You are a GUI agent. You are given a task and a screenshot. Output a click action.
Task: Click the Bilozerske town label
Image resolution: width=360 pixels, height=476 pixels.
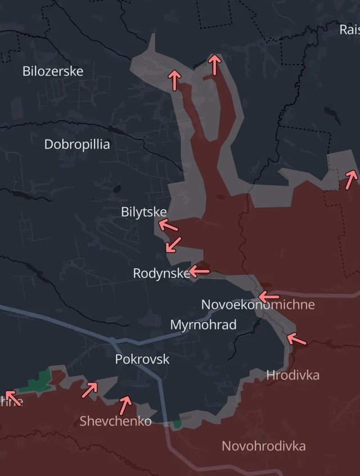53,71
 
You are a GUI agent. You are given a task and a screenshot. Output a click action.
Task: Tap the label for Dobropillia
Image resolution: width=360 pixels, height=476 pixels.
77,144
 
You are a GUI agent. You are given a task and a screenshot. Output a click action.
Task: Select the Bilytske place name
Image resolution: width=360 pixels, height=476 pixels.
143,212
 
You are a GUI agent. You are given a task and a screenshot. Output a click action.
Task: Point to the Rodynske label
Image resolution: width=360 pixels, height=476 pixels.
161,273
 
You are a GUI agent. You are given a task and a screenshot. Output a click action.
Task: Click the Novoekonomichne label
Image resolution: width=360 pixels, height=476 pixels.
258,305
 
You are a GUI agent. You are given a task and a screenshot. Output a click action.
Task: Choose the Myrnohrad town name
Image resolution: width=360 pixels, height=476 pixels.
203,325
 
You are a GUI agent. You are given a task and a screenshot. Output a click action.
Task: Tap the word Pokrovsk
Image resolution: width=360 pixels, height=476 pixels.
142,359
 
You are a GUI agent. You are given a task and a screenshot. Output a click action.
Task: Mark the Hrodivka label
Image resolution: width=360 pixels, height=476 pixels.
292,375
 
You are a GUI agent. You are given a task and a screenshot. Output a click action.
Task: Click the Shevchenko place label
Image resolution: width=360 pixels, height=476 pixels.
115,420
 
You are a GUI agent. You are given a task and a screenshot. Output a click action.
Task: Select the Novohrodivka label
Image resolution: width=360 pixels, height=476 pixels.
264,446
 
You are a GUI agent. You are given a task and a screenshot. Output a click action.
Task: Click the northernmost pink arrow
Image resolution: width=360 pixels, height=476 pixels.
214,64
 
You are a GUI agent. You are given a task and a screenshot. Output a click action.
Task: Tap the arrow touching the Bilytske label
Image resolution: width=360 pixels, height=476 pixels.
168,225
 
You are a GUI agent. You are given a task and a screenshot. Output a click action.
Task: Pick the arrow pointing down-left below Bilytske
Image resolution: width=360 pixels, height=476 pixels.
174,244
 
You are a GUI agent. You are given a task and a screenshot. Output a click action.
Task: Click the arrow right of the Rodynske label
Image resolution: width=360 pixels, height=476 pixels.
199,271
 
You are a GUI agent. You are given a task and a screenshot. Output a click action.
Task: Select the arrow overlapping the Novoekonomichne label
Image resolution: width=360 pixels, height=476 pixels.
269,296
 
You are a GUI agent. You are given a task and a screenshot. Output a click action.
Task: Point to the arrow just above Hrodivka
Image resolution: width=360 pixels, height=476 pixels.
296,338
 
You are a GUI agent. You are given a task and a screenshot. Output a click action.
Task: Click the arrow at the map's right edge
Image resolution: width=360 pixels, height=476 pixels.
351,179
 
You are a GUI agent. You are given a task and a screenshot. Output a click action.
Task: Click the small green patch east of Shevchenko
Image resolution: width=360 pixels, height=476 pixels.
177,423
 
